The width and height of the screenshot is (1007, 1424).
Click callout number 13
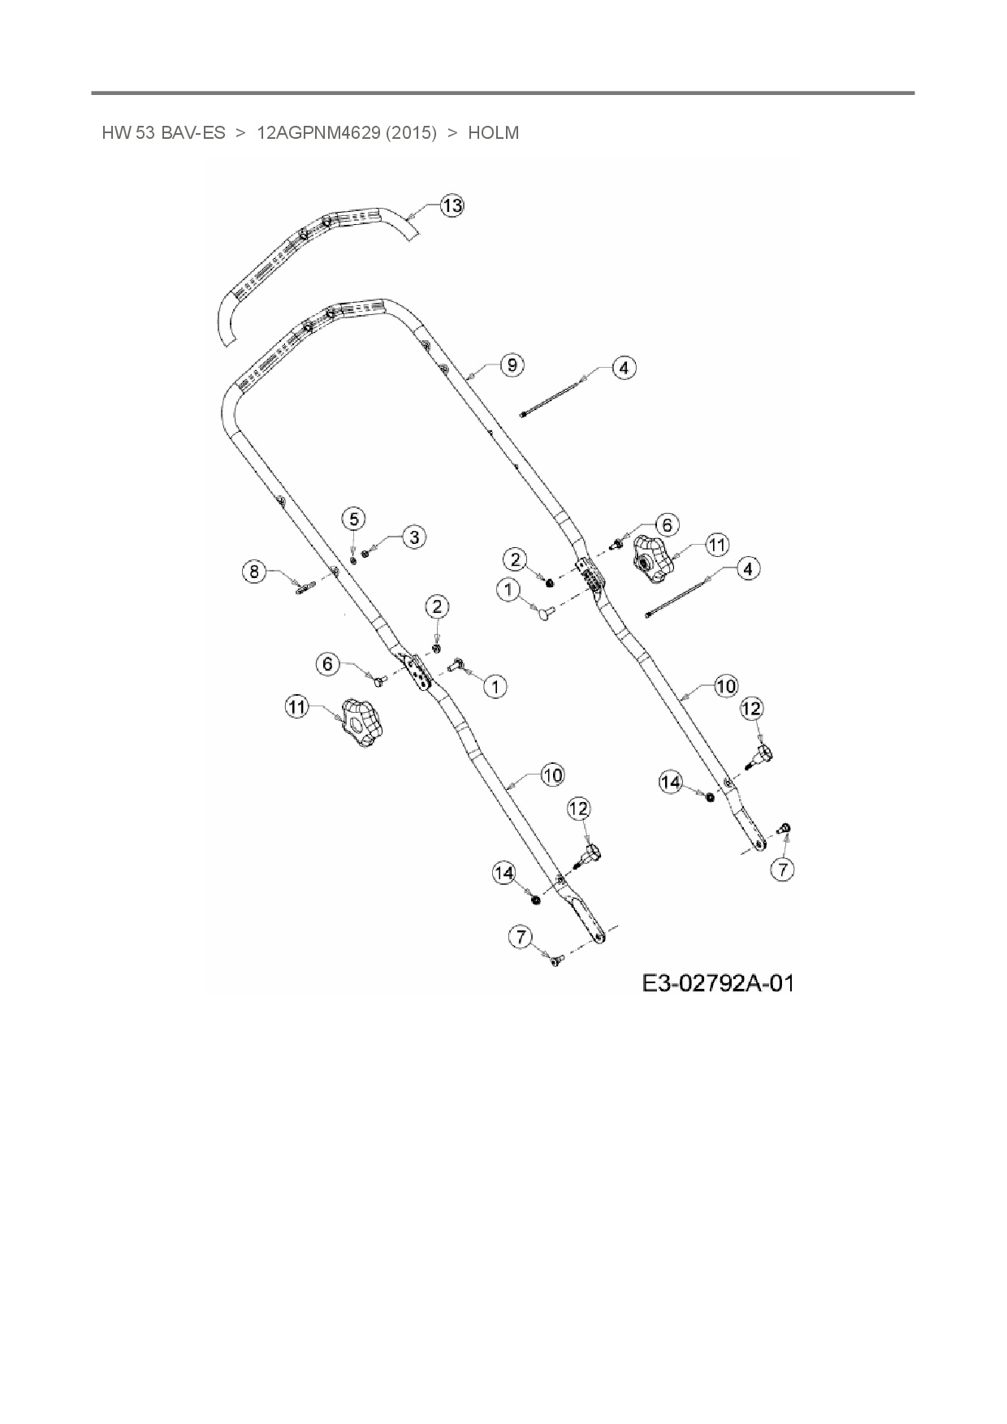[452, 205]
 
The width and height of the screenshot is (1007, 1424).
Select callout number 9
[512, 365]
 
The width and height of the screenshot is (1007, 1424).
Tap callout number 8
[254, 572]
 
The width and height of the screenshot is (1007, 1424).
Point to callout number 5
[353, 518]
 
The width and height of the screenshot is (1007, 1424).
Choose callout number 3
[414, 537]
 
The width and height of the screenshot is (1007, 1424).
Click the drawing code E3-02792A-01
[717, 983]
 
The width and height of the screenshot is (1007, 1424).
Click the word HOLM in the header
[493, 132]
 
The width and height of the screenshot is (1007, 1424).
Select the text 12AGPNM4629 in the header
[318, 132]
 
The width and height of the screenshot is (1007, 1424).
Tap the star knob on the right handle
[650, 559]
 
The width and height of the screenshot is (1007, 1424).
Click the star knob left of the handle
[361, 723]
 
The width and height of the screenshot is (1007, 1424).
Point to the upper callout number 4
[623, 368]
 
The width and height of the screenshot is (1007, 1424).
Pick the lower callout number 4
[747, 568]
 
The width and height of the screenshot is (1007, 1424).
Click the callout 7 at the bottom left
[521, 937]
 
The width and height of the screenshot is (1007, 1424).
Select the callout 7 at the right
[782, 870]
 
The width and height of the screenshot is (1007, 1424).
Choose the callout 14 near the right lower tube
[671, 782]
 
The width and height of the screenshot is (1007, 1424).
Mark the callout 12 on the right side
[752, 709]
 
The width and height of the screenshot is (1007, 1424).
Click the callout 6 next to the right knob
[666, 524]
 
